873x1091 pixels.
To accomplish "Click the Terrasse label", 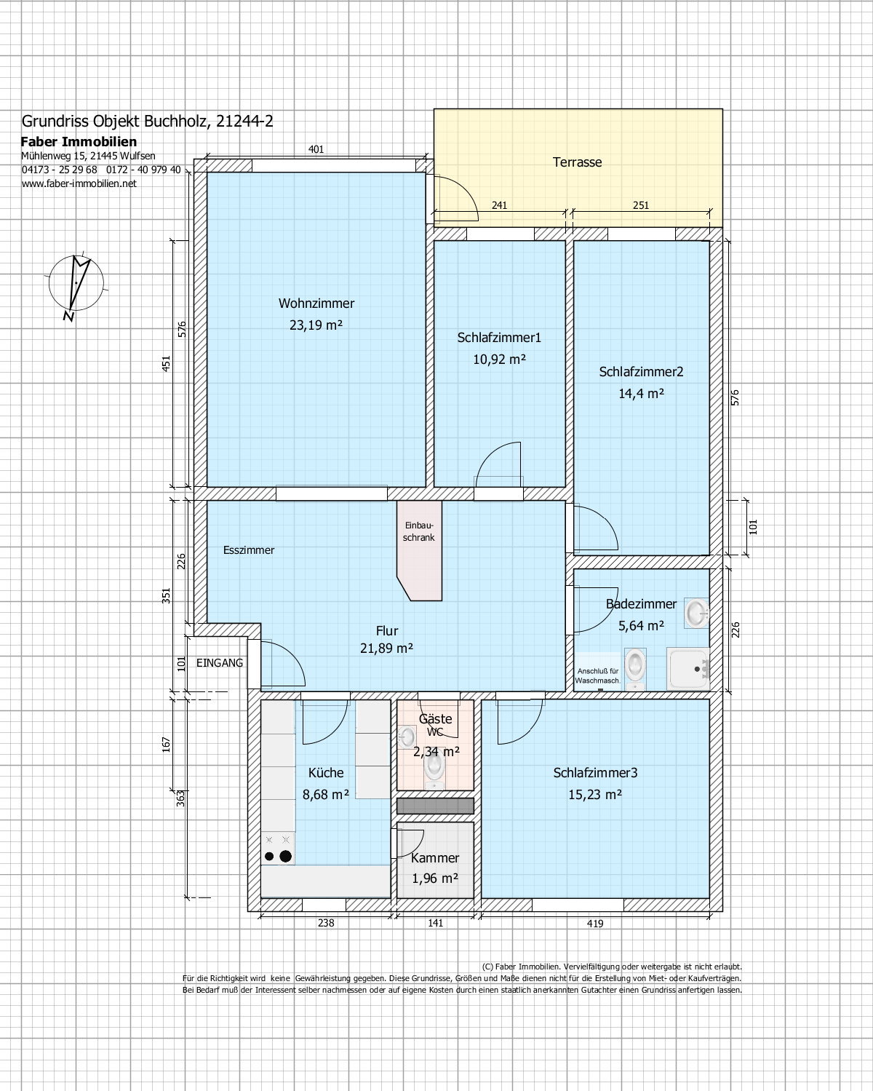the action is coord(577,162).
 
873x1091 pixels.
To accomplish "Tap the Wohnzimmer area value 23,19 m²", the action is coord(316,325).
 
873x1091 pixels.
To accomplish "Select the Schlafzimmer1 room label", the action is coord(499,338).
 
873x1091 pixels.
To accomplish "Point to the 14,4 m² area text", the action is coord(641,394).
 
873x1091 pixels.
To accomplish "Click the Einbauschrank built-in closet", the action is coord(420,550).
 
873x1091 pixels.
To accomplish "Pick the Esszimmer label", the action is coord(249,550).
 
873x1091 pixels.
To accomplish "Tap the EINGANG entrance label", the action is coord(220,662).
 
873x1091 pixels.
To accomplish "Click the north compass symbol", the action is coord(76,285).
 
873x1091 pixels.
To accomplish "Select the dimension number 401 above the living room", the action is coord(316,149).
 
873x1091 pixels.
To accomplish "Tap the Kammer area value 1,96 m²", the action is coord(435,878).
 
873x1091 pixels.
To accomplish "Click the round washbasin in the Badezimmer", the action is coord(697,613).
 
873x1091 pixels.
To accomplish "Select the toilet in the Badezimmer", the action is coord(635,668).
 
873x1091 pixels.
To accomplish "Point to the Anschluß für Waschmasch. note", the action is coord(598,676).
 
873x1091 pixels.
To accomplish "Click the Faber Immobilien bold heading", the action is coord(79,141).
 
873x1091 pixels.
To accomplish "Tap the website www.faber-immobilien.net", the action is coord(79,183).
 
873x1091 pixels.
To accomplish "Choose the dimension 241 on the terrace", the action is coord(499,205).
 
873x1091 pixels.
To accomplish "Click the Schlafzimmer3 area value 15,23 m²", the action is coord(595,795).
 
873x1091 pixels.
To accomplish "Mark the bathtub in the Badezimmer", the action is coord(687,669).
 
